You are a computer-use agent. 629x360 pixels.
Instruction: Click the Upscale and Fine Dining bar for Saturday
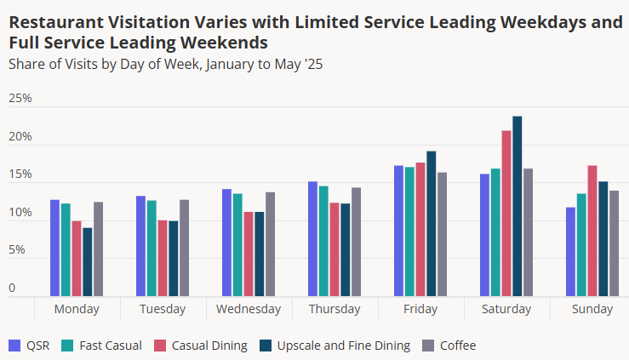point(517,206)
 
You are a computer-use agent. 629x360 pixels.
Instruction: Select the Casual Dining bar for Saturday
point(506,214)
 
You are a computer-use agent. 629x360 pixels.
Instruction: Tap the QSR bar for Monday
point(55,248)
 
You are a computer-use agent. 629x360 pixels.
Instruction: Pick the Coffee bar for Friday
point(442,234)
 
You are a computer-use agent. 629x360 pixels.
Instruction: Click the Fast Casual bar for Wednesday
point(237,245)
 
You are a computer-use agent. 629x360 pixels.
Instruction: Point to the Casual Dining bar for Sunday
point(592,231)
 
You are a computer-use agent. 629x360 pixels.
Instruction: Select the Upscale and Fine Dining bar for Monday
point(88,262)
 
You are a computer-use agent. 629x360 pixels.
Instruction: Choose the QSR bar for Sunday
point(570,252)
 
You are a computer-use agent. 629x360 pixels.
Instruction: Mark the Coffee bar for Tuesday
point(184,248)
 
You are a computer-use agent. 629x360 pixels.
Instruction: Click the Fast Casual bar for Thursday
point(323,241)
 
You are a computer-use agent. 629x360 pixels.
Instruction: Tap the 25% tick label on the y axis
point(20,98)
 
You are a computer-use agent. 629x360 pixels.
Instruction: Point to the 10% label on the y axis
point(20,212)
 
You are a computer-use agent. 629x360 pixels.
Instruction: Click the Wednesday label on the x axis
point(249,309)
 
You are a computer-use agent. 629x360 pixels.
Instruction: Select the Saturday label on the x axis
point(506,309)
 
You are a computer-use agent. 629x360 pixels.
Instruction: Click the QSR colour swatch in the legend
point(14,346)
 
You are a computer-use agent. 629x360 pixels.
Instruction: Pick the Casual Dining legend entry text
point(209,346)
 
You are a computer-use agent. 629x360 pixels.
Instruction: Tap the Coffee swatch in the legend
point(428,346)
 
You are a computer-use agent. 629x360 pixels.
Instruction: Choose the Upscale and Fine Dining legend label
point(344,346)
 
